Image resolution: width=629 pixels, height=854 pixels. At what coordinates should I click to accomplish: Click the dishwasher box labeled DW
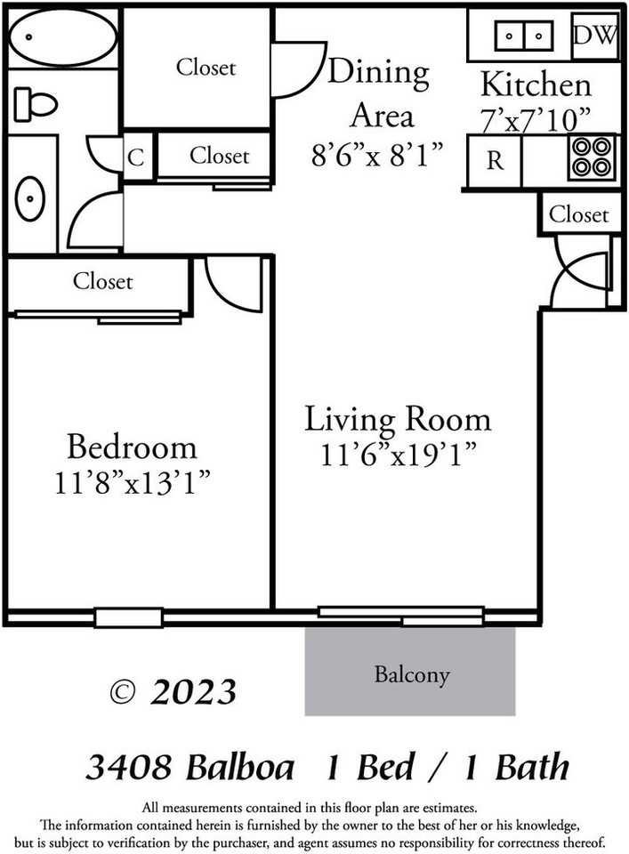tap(595, 36)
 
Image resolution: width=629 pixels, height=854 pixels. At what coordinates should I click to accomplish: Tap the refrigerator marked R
tap(495, 161)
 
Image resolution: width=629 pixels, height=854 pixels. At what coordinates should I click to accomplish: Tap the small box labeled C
tap(136, 157)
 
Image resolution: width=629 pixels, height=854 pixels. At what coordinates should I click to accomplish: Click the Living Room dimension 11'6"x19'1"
tap(398, 455)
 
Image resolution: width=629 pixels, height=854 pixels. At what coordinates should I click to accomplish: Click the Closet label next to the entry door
tap(579, 213)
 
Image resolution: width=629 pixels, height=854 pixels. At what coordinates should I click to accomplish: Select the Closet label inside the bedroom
tap(103, 282)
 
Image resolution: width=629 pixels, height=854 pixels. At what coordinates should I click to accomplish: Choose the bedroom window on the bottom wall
tap(129, 617)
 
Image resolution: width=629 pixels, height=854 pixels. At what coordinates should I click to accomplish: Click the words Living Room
tap(398, 418)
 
